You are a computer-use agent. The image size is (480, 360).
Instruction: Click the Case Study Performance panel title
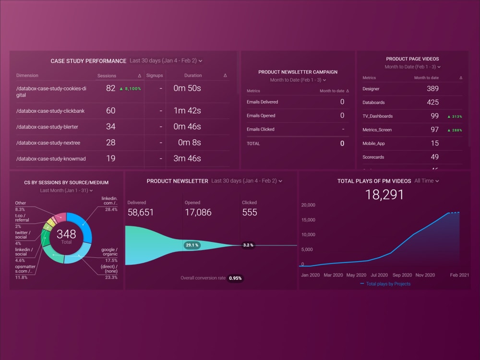pyautogui.click(x=88, y=61)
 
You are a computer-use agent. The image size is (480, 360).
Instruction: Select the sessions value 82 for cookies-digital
pyautogui.click(x=111, y=88)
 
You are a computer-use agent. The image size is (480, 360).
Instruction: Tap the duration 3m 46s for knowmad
pyautogui.click(x=187, y=158)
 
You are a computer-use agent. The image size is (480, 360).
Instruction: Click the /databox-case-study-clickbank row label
pyautogui.click(x=50, y=111)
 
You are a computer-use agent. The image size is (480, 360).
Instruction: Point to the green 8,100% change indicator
pyautogui.click(x=130, y=89)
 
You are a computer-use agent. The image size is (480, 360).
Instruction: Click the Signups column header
pyautogui.click(x=155, y=75)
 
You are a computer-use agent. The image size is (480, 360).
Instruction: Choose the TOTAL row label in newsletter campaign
pyautogui.click(x=253, y=144)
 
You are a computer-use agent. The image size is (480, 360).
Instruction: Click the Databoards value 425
pyautogui.click(x=432, y=102)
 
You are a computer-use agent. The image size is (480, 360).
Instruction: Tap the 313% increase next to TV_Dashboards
pyautogui.click(x=454, y=116)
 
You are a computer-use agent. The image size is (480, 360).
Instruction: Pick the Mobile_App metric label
pyautogui.click(x=374, y=144)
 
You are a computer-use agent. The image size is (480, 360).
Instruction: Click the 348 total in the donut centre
pyautogui.click(x=66, y=234)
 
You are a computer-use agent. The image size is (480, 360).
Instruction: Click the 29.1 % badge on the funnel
pyautogui.click(x=192, y=245)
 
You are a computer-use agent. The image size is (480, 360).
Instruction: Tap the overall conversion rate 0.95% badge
pyautogui.click(x=235, y=278)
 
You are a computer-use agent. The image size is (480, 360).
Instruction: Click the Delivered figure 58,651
pyautogui.click(x=141, y=212)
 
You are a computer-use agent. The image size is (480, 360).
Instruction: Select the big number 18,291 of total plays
pyautogui.click(x=384, y=194)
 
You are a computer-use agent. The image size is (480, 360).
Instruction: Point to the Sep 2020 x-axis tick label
pyautogui.click(x=402, y=275)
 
